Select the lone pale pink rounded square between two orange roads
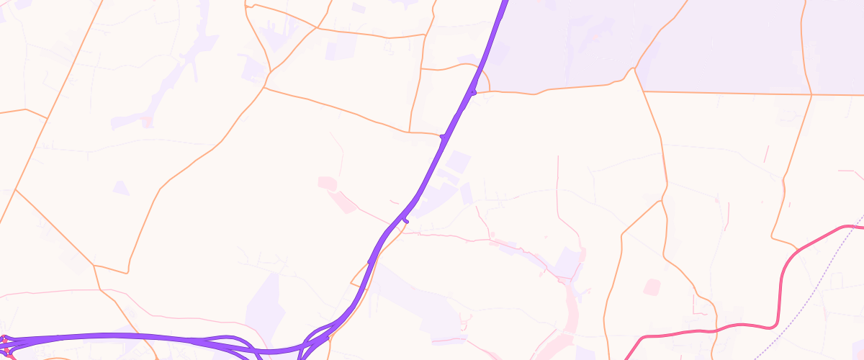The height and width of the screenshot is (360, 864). pyautogui.click(x=652, y=287)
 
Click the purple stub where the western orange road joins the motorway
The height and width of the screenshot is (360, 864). pyautogui.click(x=442, y=135)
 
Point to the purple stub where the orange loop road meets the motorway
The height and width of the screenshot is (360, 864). pyautogui.click(x=474, y=92)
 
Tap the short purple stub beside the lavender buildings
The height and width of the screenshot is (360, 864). pyautogui.click(x=405, y=220)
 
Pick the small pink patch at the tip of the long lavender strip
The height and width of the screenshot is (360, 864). pyautogui.click(x=148, y=121)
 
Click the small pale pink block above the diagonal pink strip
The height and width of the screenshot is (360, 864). pyautogui.click(x=325, y=183)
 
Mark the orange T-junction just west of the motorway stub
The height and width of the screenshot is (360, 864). pyautogui.click(x=409, y=132)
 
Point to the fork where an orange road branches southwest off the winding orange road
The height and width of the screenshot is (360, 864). pyautogui.click(x=661, y=201)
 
